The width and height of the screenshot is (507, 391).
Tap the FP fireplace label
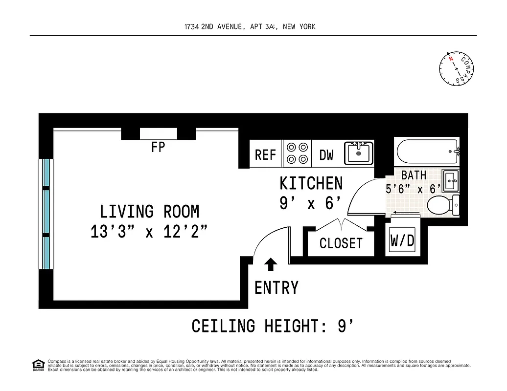(158, 147)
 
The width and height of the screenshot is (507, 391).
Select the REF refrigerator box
(266, 155)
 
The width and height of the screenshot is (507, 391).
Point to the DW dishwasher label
(326, 155)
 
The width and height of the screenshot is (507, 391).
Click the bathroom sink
(451, 181)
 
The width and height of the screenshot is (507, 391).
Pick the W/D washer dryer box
(402, 240)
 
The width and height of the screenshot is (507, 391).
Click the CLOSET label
(341, 243)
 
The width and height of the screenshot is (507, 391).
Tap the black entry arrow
(270, 264)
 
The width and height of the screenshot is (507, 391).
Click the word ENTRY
(276, 288)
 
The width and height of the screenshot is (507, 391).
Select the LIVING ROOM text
(149, 212)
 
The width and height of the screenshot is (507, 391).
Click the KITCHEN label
(311, 183)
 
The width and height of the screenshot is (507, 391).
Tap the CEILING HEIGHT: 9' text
(272, 326)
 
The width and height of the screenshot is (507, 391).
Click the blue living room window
(46, 214)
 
